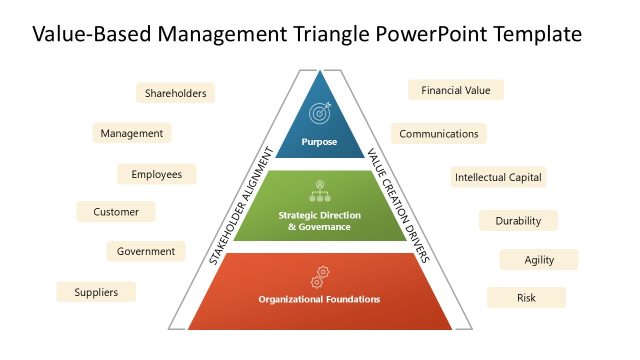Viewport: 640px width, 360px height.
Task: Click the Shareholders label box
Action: pyautogui.click(x=175, y=93)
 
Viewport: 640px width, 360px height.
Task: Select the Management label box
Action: pyautogui.click(x=131, y=133)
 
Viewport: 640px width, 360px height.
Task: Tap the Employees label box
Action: pyautogui.click(x=156, y=174)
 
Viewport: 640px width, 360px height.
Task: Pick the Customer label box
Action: pyautogui.click(x=116, y=212)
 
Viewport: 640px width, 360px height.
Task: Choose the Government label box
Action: pyautogui.click(x=145, y=251)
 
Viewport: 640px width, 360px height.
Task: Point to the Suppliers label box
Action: pyautogui.click(x=96, y=292)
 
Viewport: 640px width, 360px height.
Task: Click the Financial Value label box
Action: pyautogui.click(x=455, y=90)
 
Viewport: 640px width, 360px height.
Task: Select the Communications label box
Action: pyautogui.click(x=438, y=133)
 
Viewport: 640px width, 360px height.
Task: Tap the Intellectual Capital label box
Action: pyautogui.click(x=498, y=178)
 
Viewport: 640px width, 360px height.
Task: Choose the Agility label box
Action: pyautogui.click(x=538, y=260)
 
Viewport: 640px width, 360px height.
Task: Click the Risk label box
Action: pyautogui.click(x=526, y=298)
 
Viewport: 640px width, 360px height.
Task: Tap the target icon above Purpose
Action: pyautogui.click(x=319, y=112)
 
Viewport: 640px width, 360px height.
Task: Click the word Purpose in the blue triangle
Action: pyautogui.click(x=319, y=142)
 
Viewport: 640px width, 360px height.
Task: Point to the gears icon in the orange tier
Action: pyautogui.click(x=321, y=272)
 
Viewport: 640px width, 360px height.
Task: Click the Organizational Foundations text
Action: pyautogui.click(x=319, y=299)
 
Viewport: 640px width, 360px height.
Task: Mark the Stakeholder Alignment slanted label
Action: pyautogui.click(x=241, y=206)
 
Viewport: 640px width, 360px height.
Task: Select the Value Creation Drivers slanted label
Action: pyautogui.click(x=398, y=206)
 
